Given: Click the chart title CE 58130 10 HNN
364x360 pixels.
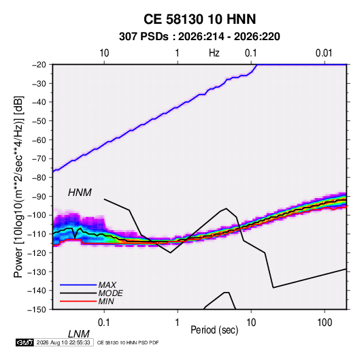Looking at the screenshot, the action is tap(199, 19).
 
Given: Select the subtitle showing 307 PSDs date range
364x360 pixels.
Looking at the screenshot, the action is tap(199, 37).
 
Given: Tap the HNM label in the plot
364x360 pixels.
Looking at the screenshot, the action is tap(80, 193).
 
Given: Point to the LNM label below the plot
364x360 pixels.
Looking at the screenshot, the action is tap(79, 334).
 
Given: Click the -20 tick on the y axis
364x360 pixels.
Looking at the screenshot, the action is tap(39, 65).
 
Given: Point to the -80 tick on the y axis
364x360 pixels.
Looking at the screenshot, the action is tap(39, 178).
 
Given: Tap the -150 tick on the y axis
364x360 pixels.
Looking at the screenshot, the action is tap(37, 310).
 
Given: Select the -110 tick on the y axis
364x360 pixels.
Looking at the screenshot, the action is tap(37, 234).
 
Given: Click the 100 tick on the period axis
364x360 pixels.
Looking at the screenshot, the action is tap(325, 323).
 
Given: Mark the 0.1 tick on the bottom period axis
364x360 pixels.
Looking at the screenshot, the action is tap(104, 323).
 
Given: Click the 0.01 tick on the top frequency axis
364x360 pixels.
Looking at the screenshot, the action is tap(324, 53).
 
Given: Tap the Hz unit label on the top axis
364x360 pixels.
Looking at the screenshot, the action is tap(214, 53).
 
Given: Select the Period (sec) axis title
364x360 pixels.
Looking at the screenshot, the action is tap(214, 330).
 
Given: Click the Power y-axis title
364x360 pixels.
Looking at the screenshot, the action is tap(18, 187).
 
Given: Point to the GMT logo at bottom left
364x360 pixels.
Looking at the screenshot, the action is tap(24, 342).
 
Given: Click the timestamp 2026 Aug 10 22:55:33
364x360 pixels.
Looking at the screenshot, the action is tap(63, 342).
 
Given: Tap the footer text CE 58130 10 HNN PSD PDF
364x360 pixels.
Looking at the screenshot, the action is tap(128, 343).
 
